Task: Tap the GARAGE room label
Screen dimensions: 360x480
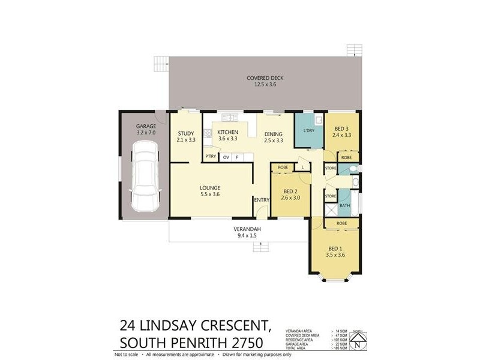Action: click(x=146, y=127)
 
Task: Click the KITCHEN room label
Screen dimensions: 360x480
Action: click(x=228, y=133)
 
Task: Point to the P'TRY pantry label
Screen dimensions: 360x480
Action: click(x=211, y=157)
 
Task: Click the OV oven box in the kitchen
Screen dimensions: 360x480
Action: click(x=226, y=157)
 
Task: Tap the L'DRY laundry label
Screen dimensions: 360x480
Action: click(x=309, y=131)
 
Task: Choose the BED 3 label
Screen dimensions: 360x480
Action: click(x=342, y=129)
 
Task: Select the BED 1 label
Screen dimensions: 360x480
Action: click(x=335, y=248)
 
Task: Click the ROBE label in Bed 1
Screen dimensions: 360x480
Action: click(x=341, y=223)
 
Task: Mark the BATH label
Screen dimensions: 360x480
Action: click(x=344, y=206)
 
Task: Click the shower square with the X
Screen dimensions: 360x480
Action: click(x=331, y=209)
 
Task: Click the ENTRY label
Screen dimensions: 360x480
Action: click(x=262, y=200)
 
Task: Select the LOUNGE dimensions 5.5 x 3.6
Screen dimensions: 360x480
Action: click(x=210, y=194)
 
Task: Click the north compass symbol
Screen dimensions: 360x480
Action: click(x=358, y=341)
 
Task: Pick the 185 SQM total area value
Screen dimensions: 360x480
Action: click(x=340, y=348)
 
